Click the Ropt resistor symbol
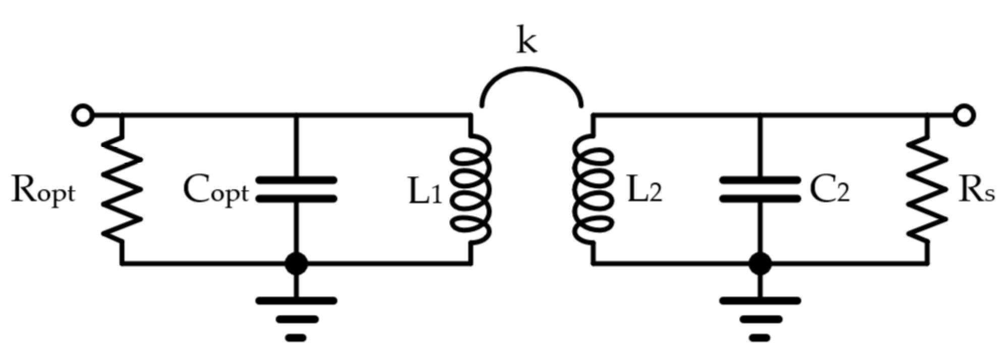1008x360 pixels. (x=121, y=189)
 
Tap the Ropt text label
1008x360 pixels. (x=43, y=193)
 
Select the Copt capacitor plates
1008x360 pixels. (x=296, y=189)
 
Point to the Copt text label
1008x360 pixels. (x=216, y=193)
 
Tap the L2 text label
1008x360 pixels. (x=644, y=193)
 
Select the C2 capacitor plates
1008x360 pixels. (x=760, y=189)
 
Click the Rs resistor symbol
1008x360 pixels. (x=927, y=189)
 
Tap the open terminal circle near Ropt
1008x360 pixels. (x=82, y=115)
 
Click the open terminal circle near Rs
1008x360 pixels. (x=964, y=115)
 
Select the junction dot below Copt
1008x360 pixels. (x=296, y=263)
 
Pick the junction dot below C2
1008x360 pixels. (x=760, y=263)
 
